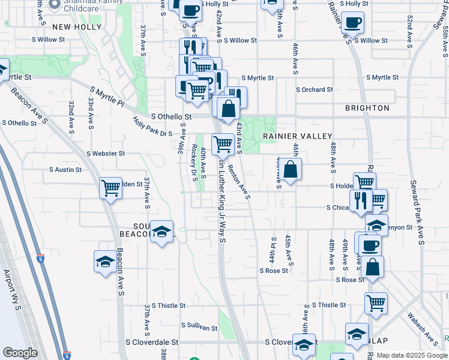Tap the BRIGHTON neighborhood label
tap(367, 108)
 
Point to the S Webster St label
tap(105, 154)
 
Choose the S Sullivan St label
tap(199, 327)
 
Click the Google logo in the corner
tap(20, 353)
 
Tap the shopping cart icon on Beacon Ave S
tap(110, 188)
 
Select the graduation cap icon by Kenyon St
tap(376, 225)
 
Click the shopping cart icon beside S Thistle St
tap(376, 302)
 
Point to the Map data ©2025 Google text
tap(411, 355)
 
